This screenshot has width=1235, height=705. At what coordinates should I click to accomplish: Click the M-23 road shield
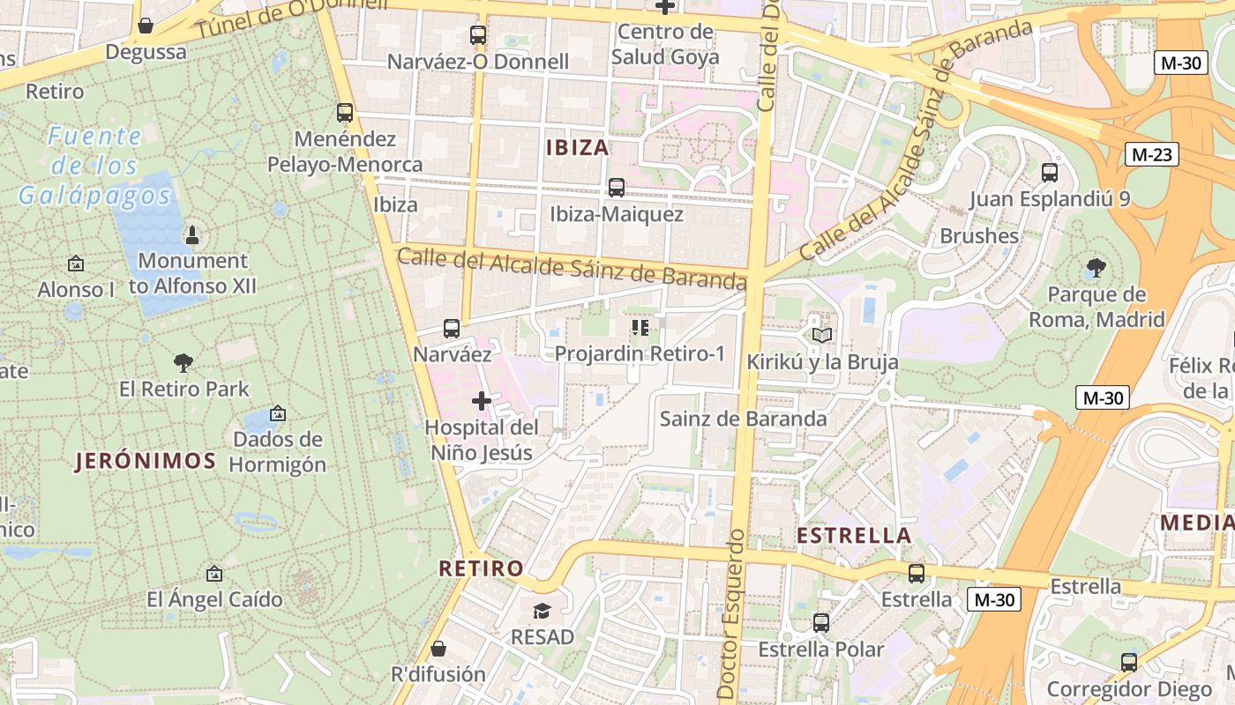(x=1151, y=154)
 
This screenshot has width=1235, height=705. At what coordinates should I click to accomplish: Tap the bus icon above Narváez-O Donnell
(x=477, y=35)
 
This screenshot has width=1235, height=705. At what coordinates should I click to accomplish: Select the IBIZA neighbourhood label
(x=578, y=147)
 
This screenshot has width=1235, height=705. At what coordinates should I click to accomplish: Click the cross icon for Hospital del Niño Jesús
(x=481, y=401)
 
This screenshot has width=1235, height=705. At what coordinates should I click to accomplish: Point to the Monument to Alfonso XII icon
(x=192, y=234)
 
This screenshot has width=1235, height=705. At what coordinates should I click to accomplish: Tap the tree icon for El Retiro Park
(x=183, y=362)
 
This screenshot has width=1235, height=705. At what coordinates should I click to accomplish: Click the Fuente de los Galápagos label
(x=95, y=166)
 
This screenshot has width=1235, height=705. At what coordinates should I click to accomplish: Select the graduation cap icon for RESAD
(x=542, y=610)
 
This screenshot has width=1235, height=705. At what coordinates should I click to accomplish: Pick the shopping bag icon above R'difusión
(x=438, y=649)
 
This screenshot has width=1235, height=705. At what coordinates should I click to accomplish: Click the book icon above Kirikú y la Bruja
(x=821, y=335)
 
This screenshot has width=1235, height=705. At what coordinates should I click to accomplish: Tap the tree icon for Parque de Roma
(x=1097, y=267)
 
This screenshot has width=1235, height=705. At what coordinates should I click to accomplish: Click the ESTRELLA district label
(x=853, y=536)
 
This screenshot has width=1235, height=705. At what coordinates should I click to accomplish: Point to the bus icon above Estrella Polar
(x=821, y=623)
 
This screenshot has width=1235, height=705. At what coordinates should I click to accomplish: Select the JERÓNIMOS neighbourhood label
(x=146, y=461)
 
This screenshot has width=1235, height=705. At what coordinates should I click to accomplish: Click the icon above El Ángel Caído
(x=213, y=574)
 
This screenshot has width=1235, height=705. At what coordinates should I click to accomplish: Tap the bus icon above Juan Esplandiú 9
(x=1049, y=172)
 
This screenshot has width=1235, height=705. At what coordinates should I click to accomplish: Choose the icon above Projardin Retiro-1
(x=640, y=328)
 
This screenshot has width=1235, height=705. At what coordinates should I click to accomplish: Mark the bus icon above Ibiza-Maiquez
(x=616, y=188)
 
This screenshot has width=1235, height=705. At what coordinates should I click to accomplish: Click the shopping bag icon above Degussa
(x=146, y=26)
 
